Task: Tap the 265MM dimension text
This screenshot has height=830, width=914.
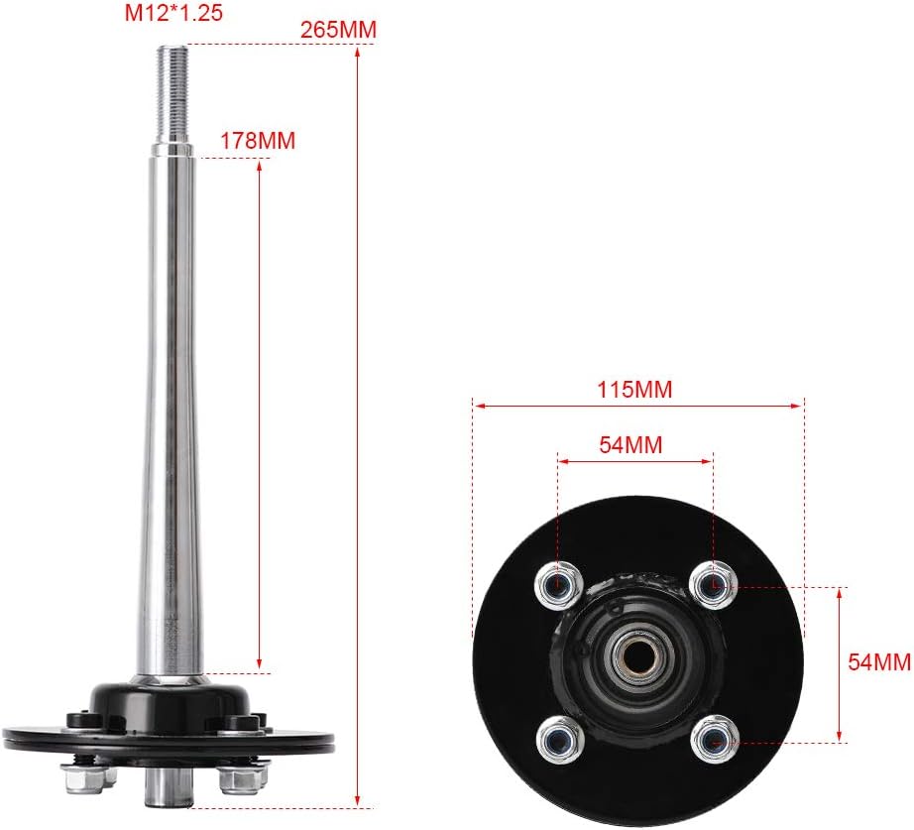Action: pyautogui.click(x=338, y=31)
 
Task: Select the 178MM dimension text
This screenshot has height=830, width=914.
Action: pyautogui.click(x=258, y=141)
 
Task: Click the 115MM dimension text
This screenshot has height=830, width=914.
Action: pyautogui.click(x=634, y=390)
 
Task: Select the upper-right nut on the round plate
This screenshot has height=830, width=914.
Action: pyautogui.click(x=711, y=582)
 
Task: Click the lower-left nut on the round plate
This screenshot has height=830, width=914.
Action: pyautogui.click(x=558, y=737)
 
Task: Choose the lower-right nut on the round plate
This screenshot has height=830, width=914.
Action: pyautogui.click(x=712, y=738)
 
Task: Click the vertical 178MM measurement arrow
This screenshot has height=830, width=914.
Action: pyautogui.click(x=260, y=416)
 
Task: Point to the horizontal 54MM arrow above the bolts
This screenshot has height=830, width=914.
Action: pyautogui.click(x=634, y=459)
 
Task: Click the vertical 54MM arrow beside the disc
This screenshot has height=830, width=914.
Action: pyautogui.click(x=842, y=663)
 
